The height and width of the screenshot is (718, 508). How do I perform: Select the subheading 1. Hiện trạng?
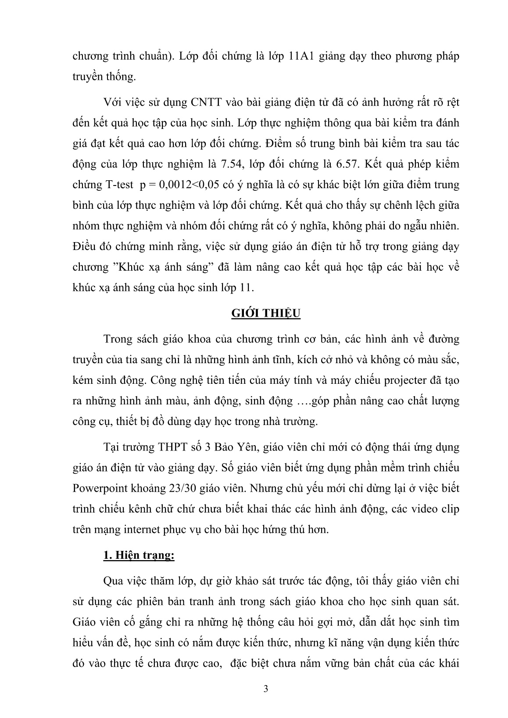click(x=139, y=555)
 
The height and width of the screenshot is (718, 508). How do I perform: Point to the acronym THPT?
click(x=171, y=447)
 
